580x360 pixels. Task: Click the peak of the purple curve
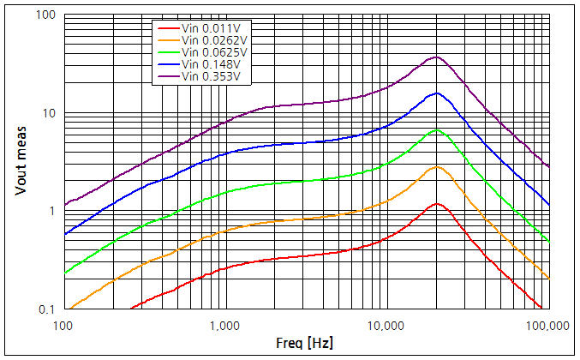pyautogui.click(x=437, y=57)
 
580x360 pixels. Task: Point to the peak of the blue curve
pyautogui.click(x=437, y=93)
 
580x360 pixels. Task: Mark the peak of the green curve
pyautogui.click(x=437, y=129)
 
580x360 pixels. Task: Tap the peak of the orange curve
pyautogui.click(x=437, y=166)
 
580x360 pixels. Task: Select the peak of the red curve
pyautogui.click(x=437, y=204)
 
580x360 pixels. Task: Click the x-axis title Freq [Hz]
pyautogui.click(x=305, y=344)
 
